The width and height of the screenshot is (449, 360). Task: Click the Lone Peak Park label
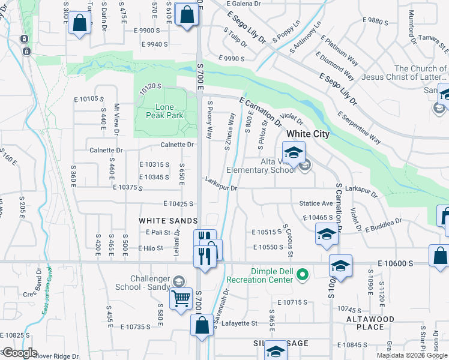[164, 111]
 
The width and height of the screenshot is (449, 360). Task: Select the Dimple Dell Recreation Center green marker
[303, 275]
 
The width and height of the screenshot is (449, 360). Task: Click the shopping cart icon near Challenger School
[181, 298]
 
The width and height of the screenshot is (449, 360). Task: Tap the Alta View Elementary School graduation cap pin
[294, 153]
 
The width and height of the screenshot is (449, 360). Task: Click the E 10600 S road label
[396, 263]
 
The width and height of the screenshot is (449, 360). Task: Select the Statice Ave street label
[316, 204]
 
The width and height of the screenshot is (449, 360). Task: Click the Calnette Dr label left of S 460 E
[106, 150]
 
